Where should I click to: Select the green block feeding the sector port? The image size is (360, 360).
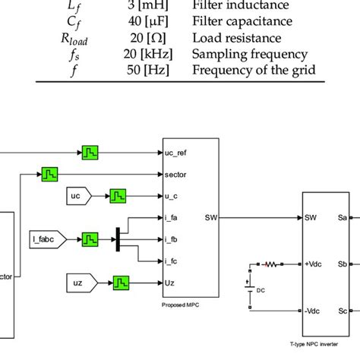tap(51, 175)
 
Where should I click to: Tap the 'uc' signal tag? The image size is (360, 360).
tap(77, 196)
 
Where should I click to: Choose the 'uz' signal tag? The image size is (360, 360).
tap(77, 284)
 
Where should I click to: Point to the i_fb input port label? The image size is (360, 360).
tap(172, 240)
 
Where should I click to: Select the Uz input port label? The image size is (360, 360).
tap(169, 284)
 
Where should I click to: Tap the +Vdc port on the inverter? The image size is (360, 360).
tap(315, 264)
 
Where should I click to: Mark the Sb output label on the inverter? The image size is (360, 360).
tap(343, 264)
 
